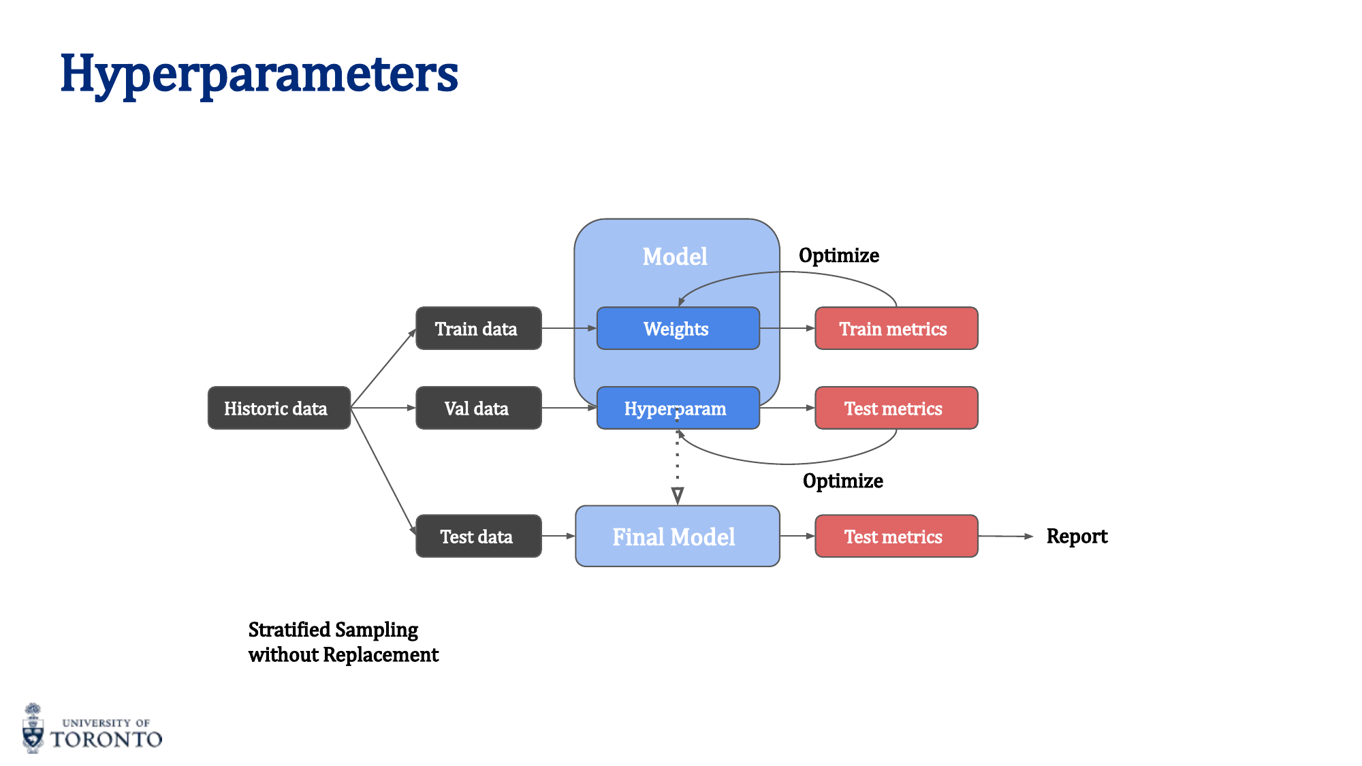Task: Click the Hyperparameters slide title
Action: tap(259, 74)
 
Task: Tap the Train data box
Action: tap(478, 328)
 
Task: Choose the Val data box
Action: tap(478, 408)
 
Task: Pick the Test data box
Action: tap(478, 536)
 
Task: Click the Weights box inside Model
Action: tap(677, 328)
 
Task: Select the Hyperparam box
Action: tap(677, 408)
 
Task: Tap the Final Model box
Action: tap(677, 536)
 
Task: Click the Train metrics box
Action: tap(896, 328)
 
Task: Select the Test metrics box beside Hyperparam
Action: tap(896, 408)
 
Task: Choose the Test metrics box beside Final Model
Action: tap(896, 536)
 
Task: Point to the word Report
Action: tap(1077, 536)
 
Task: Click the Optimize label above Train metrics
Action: tap(838, 255)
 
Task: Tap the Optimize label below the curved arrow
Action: tap(842, 481)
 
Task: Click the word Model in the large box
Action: tap(675, 257)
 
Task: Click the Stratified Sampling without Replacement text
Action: tap(343, 641)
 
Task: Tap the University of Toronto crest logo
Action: tap(33, 729)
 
